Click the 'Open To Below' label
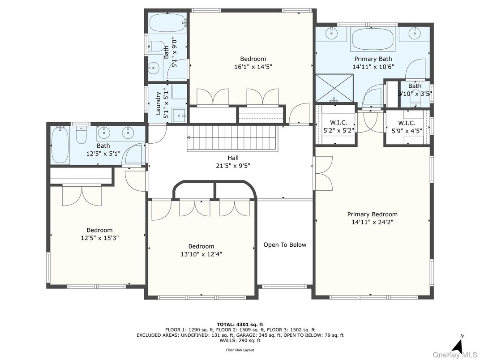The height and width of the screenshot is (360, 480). coord(285,245)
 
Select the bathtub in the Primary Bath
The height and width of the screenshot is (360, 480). coord(373,39)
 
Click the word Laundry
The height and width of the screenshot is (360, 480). coord(158,103)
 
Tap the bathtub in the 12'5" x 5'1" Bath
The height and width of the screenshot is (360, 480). coord(60,145)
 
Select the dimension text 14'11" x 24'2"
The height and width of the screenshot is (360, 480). coord(372,222)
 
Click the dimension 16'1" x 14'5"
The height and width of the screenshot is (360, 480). coord(253,67)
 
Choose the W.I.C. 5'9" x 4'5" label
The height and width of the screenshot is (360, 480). coord(407,127)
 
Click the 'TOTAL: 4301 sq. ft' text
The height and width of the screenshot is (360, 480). coord(240,324)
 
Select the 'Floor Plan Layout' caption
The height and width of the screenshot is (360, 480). coord(240,350)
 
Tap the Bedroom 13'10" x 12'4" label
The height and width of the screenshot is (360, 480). coord(201,250)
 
